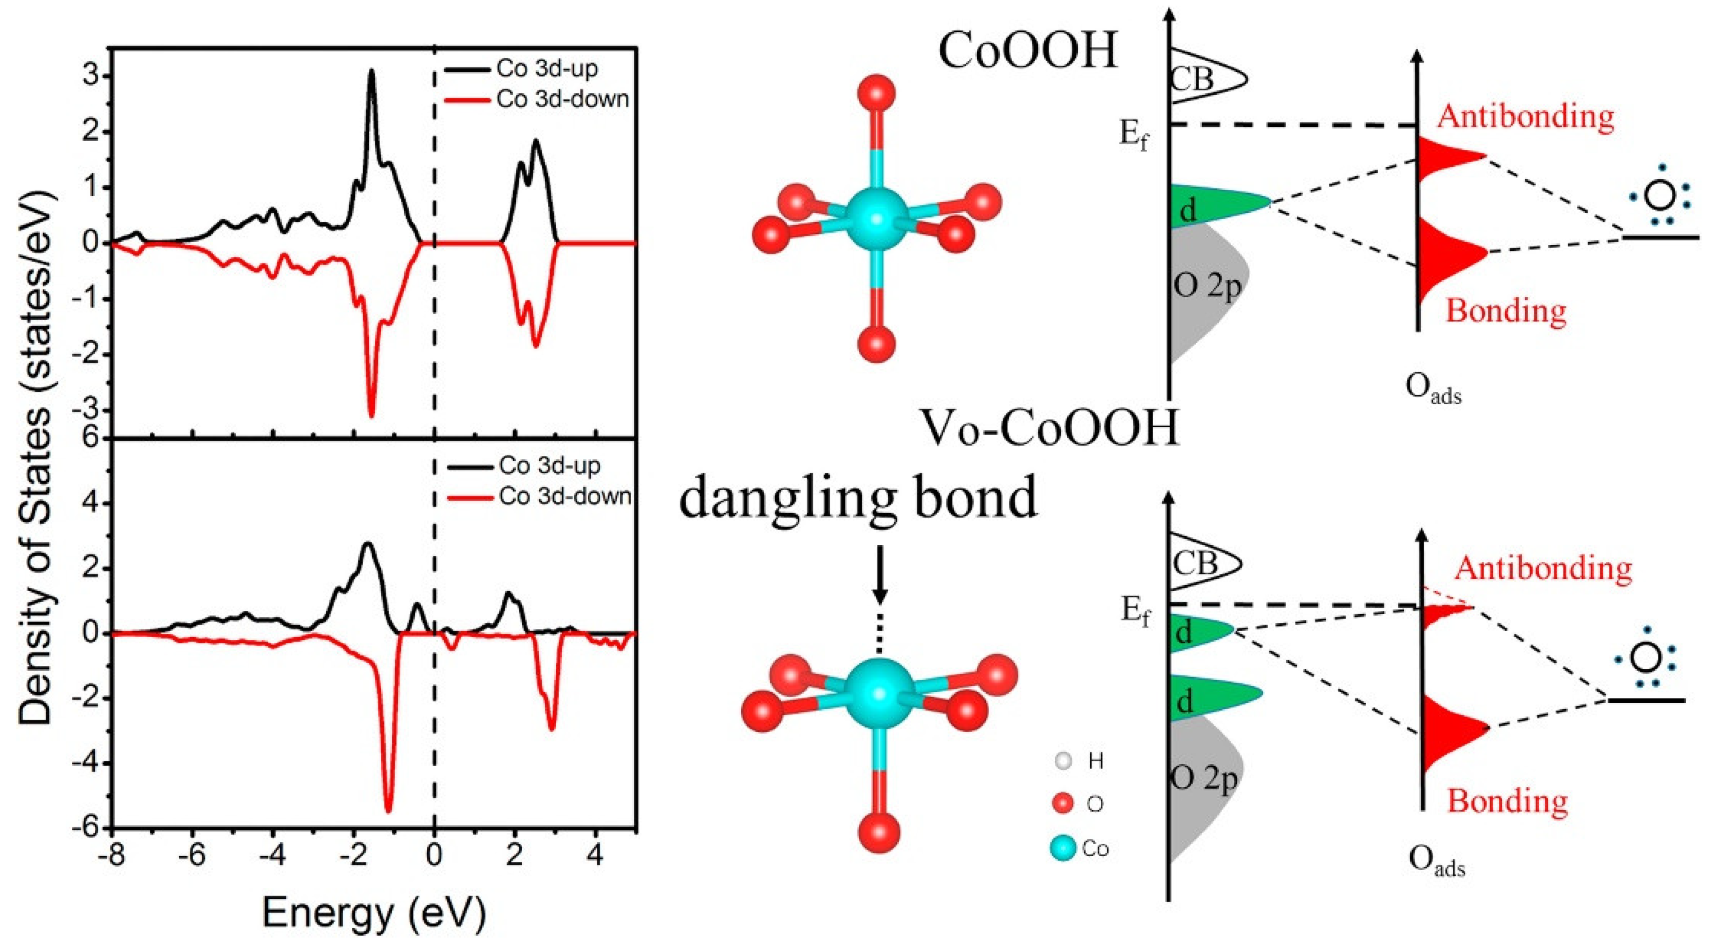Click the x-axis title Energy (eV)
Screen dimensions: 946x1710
pos(374,913)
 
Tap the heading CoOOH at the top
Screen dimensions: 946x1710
pos(1027,51)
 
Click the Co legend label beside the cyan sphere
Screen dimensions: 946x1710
pos(1095,848)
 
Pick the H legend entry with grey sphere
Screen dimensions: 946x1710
pos(1095,761)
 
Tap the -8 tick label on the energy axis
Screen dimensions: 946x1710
pos(112,856)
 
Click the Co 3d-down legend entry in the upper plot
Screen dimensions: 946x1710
pos(561,99)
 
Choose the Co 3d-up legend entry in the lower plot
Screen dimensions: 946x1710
pos(549,466)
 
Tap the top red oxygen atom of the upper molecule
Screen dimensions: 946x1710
pos(876,94)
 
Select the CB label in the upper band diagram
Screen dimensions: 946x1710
pos(1192,79)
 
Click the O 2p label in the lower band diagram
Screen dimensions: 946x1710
pos(1204,779)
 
